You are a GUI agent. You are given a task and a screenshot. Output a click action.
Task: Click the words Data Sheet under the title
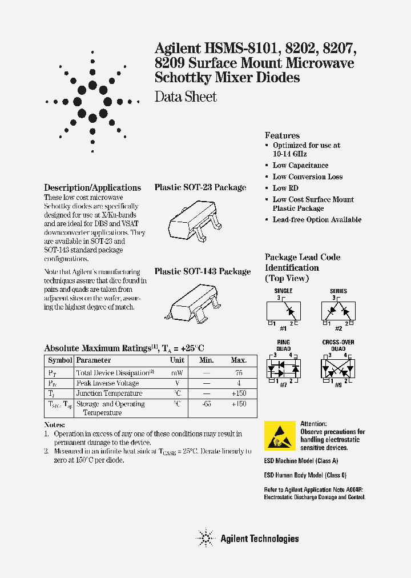tap(186, 97)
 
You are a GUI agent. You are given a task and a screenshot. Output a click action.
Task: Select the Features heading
tap(282, 135)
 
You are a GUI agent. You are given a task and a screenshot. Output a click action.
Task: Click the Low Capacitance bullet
tap(300, 166)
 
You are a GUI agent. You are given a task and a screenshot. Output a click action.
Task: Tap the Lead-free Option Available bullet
tap(317, 220)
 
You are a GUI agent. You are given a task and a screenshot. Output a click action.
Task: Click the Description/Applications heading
tap(92, 187)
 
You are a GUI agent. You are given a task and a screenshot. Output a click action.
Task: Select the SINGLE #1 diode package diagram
tap(283, 311)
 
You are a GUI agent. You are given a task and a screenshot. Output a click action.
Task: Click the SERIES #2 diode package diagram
tap(338, 311)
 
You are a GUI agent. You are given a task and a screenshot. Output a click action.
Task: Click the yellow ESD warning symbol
tap(280, 436)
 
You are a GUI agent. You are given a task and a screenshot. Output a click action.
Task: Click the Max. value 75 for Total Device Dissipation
tap(239, 373)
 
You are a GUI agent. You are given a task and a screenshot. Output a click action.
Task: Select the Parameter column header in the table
tap(94, 360)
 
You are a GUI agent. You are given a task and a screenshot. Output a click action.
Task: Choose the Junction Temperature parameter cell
tap(109, 394)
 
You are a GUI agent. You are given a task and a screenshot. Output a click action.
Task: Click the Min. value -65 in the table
tap(207, 404)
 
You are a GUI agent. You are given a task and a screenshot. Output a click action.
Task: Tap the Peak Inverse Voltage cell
tap(107, 383)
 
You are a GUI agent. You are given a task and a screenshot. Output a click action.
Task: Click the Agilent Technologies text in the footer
tap(259, 538)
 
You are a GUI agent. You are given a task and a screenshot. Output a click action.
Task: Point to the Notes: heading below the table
tap(55, 426)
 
